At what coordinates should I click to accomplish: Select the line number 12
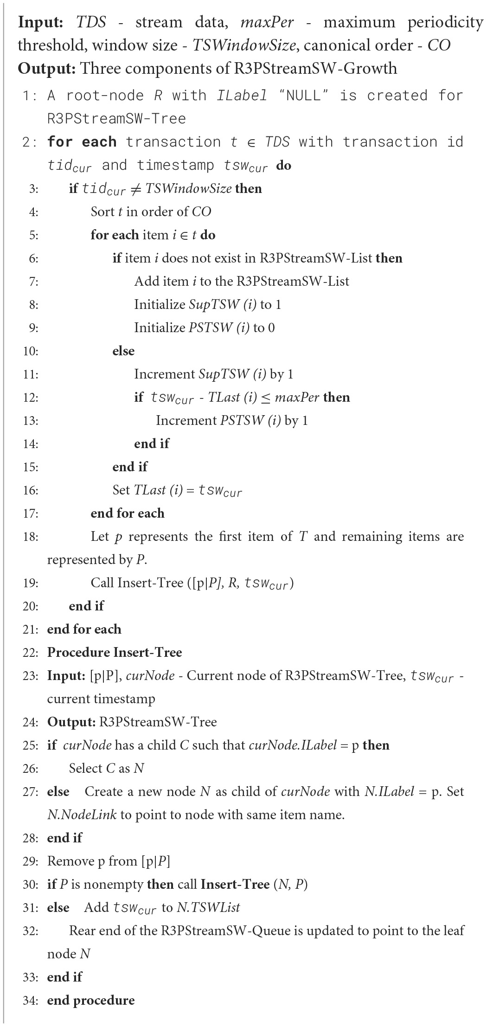point(30,398)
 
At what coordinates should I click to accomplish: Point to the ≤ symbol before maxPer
point(278,398)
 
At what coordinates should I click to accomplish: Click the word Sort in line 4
point(103,212)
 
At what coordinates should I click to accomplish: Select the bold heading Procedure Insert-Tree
point(115,653)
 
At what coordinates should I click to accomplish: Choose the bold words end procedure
point(91,1001)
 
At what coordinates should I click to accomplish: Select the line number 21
point(30,629)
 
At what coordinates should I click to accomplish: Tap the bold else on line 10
point(123,351)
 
